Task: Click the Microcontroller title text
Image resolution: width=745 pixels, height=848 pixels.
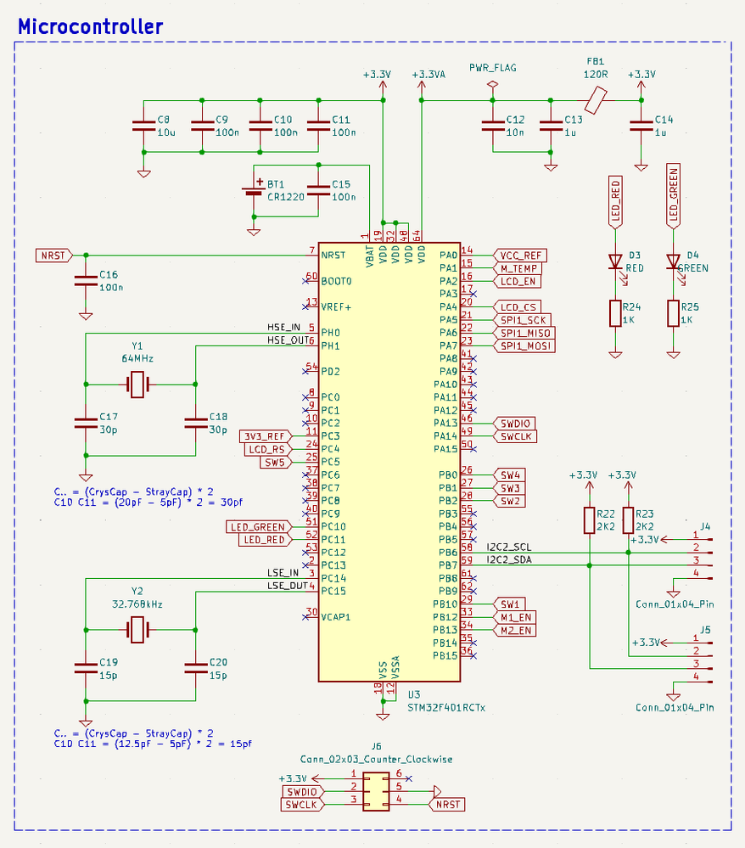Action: click(x=90, y=26)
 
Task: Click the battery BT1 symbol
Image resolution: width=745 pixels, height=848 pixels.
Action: click(x=253, y=191)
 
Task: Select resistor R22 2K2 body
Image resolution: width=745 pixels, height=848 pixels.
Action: click(x=590, y=520)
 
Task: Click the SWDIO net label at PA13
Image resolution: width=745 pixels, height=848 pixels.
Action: click(x=514, y=423)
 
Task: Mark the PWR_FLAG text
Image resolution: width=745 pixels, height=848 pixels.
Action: click(x=492, y=68)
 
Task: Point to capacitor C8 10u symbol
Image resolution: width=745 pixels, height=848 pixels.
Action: click(x=143, y=126)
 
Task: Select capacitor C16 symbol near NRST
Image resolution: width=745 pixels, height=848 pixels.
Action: click(x=86, y=281)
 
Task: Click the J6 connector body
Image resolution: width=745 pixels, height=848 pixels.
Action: click(x=376, y=791)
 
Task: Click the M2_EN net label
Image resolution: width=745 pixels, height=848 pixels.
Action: click(x=516, y=631)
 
